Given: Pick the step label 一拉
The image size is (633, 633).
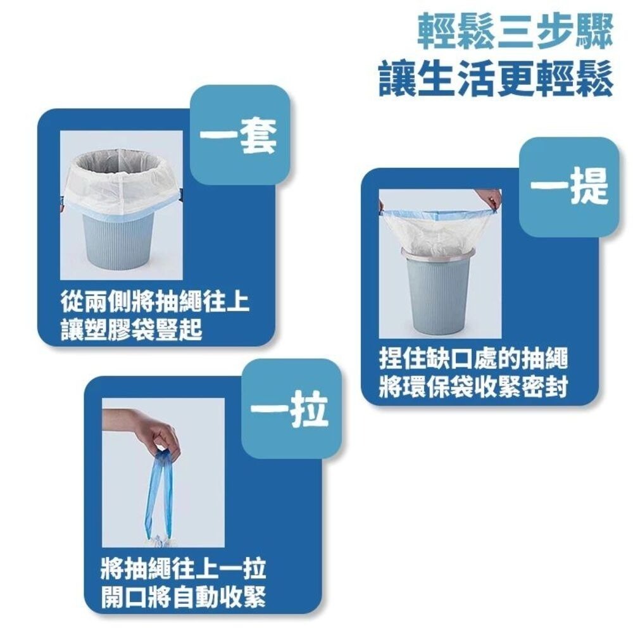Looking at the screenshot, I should (x=288, y=410).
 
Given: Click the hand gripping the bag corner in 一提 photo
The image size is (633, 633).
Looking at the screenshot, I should (x=491, y=198).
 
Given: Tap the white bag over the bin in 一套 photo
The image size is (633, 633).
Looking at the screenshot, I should (x=120, y=187).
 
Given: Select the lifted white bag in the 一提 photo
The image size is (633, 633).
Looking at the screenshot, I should (x=437, y=231).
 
